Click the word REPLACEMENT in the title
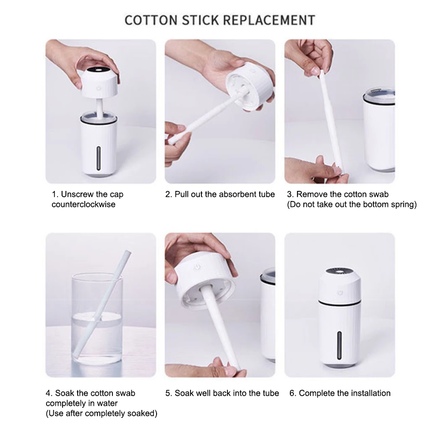click(x=269, y=20)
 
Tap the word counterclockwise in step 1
click(x=84, y=204)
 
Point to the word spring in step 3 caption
click(x=402, y=204)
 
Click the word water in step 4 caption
click(x=107, y=403)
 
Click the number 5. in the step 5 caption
click(x=169, y=393)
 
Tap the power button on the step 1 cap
click(x=99, y=89)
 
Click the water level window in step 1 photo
click(x=99, y=159)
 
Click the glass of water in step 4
click(x=97, y=323)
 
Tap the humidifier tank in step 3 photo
click(x=378, y=130)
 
